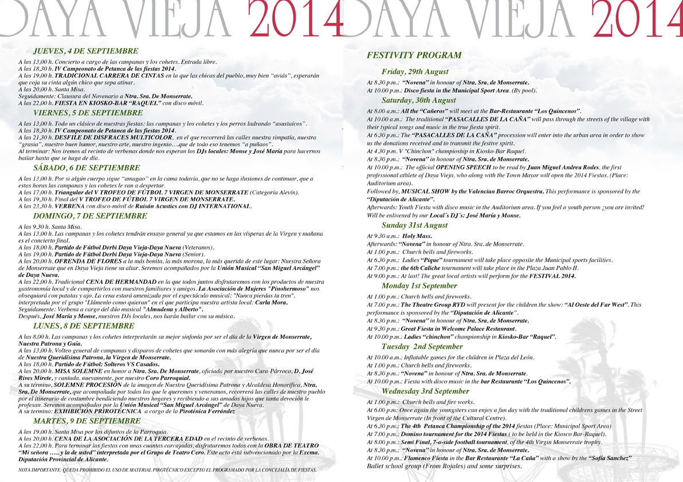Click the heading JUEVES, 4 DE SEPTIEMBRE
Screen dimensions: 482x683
click(x=86, y=51)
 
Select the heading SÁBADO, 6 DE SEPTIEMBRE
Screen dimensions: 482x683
click(x=87, y=168)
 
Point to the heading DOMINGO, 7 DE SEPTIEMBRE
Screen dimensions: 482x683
click(x=91, y=216)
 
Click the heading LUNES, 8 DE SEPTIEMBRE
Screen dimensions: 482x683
click(x=84, y=325)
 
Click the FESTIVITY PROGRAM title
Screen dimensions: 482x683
click(x=414, y=56)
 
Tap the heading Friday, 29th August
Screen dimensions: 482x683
click(x=415, y=72)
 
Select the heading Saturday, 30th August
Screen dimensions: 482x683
click(x=419, y=100)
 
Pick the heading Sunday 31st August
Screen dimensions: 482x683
click(x=415, y=225)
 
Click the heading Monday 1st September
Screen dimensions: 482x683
click(x=419, y=286)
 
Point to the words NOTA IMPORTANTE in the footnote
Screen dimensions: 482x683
click(x=38, y=470)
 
